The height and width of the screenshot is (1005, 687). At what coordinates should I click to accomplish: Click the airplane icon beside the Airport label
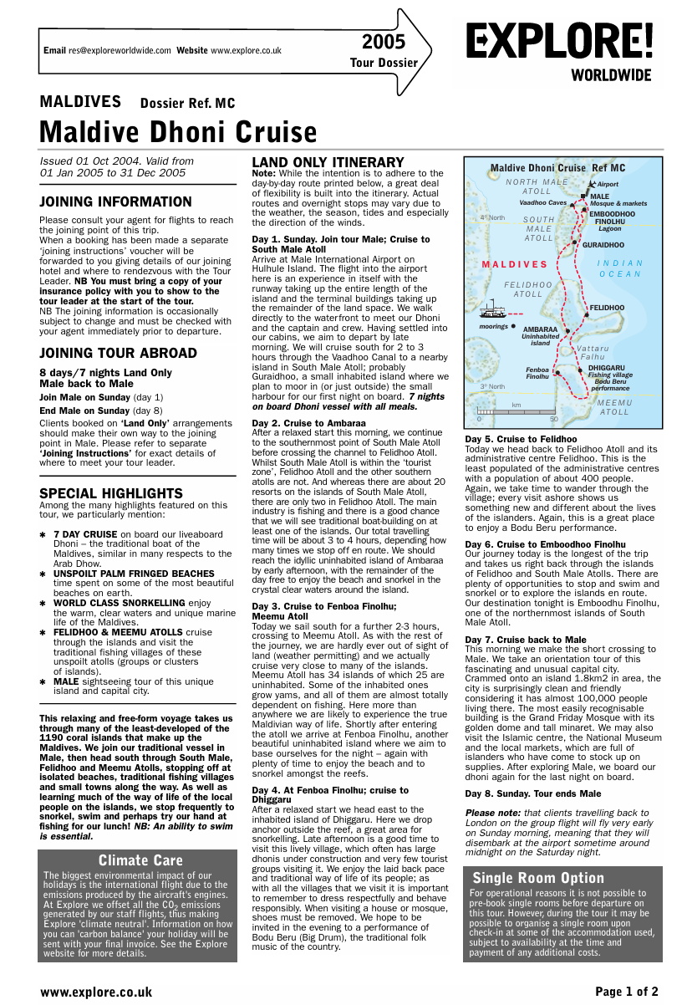(593, 184)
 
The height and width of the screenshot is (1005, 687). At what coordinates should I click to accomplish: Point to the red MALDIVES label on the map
(515, 265)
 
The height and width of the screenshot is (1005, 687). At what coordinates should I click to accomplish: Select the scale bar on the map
(516, 411)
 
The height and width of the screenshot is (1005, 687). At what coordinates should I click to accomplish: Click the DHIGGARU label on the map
(606, 368)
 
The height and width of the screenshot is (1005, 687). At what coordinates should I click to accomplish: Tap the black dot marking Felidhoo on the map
(586, 309)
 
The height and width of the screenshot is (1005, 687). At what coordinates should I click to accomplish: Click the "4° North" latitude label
(492, 218)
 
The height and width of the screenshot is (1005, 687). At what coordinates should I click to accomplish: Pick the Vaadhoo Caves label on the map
(542, 202)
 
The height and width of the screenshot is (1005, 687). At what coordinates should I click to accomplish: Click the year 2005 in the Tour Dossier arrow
(384, 43)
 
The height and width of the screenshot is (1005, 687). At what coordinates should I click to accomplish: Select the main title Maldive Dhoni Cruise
(178, 132)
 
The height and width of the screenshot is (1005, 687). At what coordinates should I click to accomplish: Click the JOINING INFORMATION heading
(116, 202)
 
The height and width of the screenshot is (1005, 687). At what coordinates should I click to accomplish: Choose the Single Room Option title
(538, 878)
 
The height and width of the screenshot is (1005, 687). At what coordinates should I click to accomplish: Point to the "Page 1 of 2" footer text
(627, 992)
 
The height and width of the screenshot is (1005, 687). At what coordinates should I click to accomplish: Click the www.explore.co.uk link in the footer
(96, 992)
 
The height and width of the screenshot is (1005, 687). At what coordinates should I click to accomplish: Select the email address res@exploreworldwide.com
(120, 51)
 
